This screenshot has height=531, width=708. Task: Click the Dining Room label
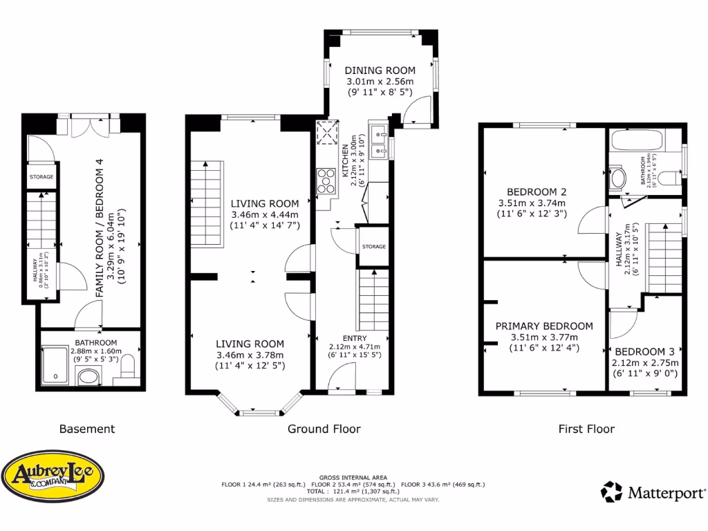[380, 71]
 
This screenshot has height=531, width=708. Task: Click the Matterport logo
[653, 492]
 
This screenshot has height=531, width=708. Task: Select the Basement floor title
[86, 429]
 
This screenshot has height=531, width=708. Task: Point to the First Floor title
[586, 429]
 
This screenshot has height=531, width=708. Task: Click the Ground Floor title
[324, 429]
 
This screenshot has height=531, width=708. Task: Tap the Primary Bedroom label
[543, 326]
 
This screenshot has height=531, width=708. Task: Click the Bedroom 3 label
[644, 351]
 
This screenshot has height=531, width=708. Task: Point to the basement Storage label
[41, 178]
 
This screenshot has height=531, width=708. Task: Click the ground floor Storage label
[373, 247]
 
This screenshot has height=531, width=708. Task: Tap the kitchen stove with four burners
[325, 183]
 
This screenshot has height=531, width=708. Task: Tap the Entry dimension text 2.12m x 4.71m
[355, 347]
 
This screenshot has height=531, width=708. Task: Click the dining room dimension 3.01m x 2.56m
[380, 82]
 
